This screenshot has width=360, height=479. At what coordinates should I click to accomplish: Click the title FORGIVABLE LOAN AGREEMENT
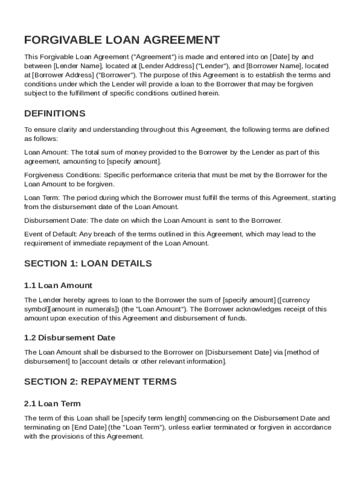click(x=122, y=40)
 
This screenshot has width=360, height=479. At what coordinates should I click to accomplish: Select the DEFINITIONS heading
click(x=55, y=114)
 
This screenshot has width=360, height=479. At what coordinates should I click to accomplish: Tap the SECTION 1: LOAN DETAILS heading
click(x=88, y=263)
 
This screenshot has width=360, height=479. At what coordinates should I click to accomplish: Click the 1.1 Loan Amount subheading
click(x=58, y=285)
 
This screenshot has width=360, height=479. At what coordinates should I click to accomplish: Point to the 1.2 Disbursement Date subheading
click(x=70, y=338)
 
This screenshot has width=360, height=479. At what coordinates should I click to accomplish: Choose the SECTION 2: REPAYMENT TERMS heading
click(x=101, y=382)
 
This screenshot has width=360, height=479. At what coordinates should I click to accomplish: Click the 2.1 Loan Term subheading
click(x=52, y=403)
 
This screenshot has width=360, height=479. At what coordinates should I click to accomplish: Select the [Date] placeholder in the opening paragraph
click(x=280, y=57)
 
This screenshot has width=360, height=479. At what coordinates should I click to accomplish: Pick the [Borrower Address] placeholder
click(x=63, y=75)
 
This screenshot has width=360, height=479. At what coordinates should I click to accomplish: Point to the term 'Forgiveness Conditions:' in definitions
click(x=63, y=175)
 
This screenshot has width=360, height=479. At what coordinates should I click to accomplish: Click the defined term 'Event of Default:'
click(x=50, y=234)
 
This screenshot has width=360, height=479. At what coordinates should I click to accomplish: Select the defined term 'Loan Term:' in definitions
click(x=42, y=198)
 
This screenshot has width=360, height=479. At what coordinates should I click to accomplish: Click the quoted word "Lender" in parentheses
click(x=214, y=66)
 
